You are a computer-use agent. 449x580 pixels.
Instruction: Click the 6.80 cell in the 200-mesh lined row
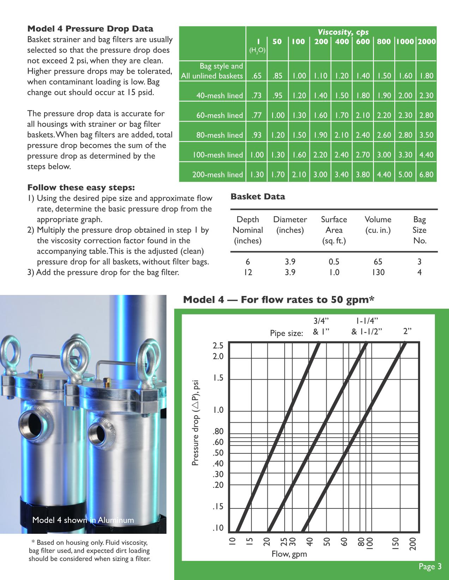426,174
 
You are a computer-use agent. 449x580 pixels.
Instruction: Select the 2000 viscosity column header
426,42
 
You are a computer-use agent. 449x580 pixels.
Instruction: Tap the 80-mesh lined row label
219,135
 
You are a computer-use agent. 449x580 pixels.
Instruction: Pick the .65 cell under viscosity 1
257,75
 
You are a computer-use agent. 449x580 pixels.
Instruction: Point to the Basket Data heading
257,197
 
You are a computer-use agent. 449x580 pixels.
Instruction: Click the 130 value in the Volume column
378,272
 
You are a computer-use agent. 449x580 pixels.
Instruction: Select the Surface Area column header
334,230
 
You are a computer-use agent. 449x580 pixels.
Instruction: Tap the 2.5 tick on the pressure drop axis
218,345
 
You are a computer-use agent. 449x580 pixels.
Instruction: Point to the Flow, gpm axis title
289,554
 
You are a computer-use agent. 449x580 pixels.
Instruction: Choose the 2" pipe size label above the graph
407,331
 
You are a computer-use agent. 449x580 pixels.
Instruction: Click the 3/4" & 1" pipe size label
321,326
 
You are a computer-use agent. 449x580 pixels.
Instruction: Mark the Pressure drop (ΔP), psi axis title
196,423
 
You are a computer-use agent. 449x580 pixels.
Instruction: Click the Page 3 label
430,567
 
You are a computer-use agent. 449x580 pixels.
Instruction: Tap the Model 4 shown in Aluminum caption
83,520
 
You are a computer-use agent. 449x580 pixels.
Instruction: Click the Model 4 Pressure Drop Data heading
90,29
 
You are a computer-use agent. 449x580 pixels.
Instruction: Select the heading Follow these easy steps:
81,187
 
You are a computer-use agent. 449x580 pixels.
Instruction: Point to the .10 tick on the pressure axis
218,528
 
